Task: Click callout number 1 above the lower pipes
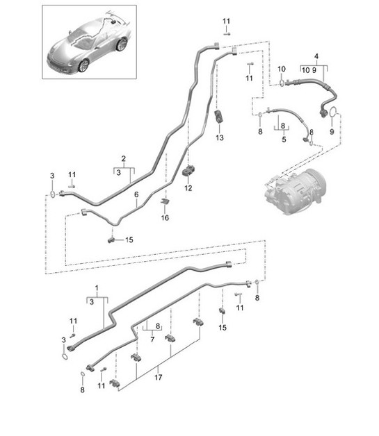coord(97,288)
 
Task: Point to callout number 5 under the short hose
coord(284,138)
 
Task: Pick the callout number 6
coord(136,197)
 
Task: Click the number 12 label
coord(188,187)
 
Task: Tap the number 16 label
coord(165,218)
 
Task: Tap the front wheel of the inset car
coord(84,65)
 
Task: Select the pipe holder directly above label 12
coord(188,170)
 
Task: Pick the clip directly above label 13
coord(220,117)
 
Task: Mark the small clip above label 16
coord(165,202)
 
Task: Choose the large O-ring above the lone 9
coord(333,112)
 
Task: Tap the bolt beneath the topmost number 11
coord(227,33)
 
